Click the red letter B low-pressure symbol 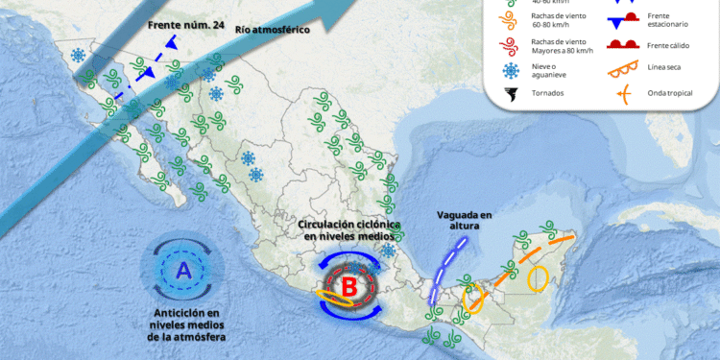click(349, 285)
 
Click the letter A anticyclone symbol click(182, 273)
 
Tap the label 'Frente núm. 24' click(186, 26)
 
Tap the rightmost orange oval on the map click(539, 277)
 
